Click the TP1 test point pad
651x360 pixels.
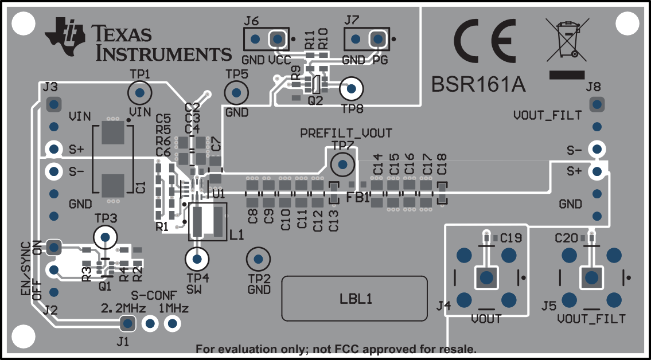pyautogui.click(x=139, y=92)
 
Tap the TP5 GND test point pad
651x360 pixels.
pyautogui.click(x=235, y=92)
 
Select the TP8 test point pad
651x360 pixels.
pyautogui.click(x=352, y=89)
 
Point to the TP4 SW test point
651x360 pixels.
pyautogui.click(x=197, y=259)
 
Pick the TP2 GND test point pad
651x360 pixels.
pyautogui.click(x=258, y=260)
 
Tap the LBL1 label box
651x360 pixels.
pyautogui.click(x=354, y=298)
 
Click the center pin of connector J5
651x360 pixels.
pyautogui.click(x=591, y=277)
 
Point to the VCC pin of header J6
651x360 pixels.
pyautogui.click(x=278, y=39)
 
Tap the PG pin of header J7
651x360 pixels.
pyautogui.click(x=377, y=39)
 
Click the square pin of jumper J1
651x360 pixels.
pyautogui.click(x=127, y=324)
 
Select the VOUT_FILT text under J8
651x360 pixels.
pyautogui.click(x=547, y=116)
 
